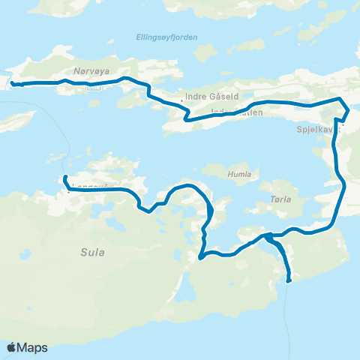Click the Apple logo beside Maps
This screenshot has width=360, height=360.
[12, 347]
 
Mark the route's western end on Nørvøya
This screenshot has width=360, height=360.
[13, 83]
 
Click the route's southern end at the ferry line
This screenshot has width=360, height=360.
[289, 280]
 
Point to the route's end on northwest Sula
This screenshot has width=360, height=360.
[65, 178]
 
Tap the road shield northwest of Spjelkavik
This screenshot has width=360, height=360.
[302, 106]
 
